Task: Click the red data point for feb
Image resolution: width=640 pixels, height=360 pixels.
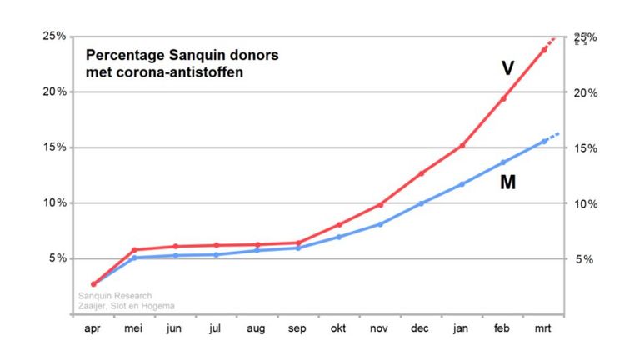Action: click(x=503, y=98)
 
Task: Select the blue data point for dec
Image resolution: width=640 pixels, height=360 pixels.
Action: click(x=422, y=203)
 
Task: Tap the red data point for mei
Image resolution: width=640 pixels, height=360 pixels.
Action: click(x=134, y=250)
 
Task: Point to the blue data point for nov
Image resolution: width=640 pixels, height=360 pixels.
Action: click(x=381, y=224)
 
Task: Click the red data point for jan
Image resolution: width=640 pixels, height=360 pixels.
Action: click(x=462, y=146)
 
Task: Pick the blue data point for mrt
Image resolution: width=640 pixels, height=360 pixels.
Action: click(x=544, y=141)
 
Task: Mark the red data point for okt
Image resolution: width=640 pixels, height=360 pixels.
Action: click(x=339, y=224)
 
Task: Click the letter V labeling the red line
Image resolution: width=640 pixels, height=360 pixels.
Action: click(x=507, y=68)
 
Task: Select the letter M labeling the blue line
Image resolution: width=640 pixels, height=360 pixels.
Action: click(x=507, y=181)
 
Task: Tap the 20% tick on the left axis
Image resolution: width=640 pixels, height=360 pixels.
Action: click(x=55, y=92)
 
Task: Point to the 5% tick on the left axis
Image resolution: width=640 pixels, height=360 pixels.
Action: click(x=57, y=258)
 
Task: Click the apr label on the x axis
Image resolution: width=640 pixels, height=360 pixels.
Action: click(x=93, y=329)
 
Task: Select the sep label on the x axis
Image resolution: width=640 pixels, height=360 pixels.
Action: click(x=298, y=329)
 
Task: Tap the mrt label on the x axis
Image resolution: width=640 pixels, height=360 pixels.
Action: click(x=544, y=329)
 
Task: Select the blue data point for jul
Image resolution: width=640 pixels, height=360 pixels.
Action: click(x=216, y=254)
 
